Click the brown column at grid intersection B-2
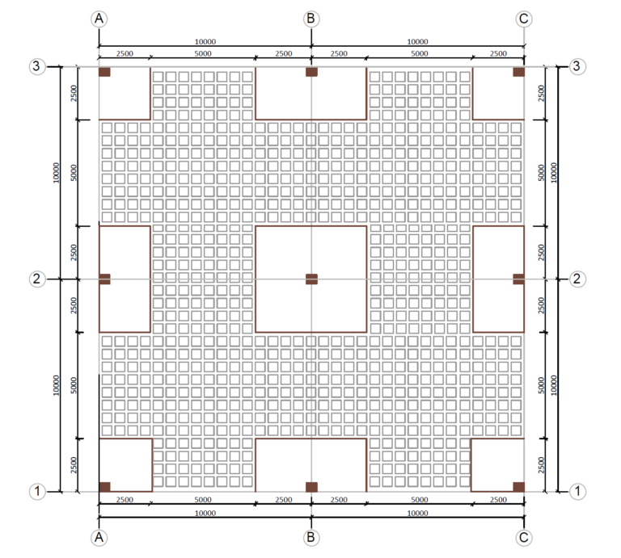click(311, 279)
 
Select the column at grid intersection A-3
click(104, 72)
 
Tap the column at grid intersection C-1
click(518, 486)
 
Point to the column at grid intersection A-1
click(104, 486)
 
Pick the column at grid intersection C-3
click(518, 72)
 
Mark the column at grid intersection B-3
click(311, 72)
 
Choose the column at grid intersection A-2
click(104, 279)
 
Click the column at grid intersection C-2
click(518, 279)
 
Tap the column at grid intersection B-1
click(311, 486)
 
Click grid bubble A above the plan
click(99, 19)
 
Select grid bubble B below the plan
click(311, 537)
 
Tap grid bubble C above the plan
click(524, 19)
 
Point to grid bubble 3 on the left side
click(36, 66)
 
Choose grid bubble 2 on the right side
click(577, 279)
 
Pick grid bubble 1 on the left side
click(36, 490)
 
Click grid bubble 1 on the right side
click(577, 490)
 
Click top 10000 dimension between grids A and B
click(205, 41)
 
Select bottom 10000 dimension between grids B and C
click(417, 513)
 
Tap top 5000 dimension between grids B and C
click(418, 53)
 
